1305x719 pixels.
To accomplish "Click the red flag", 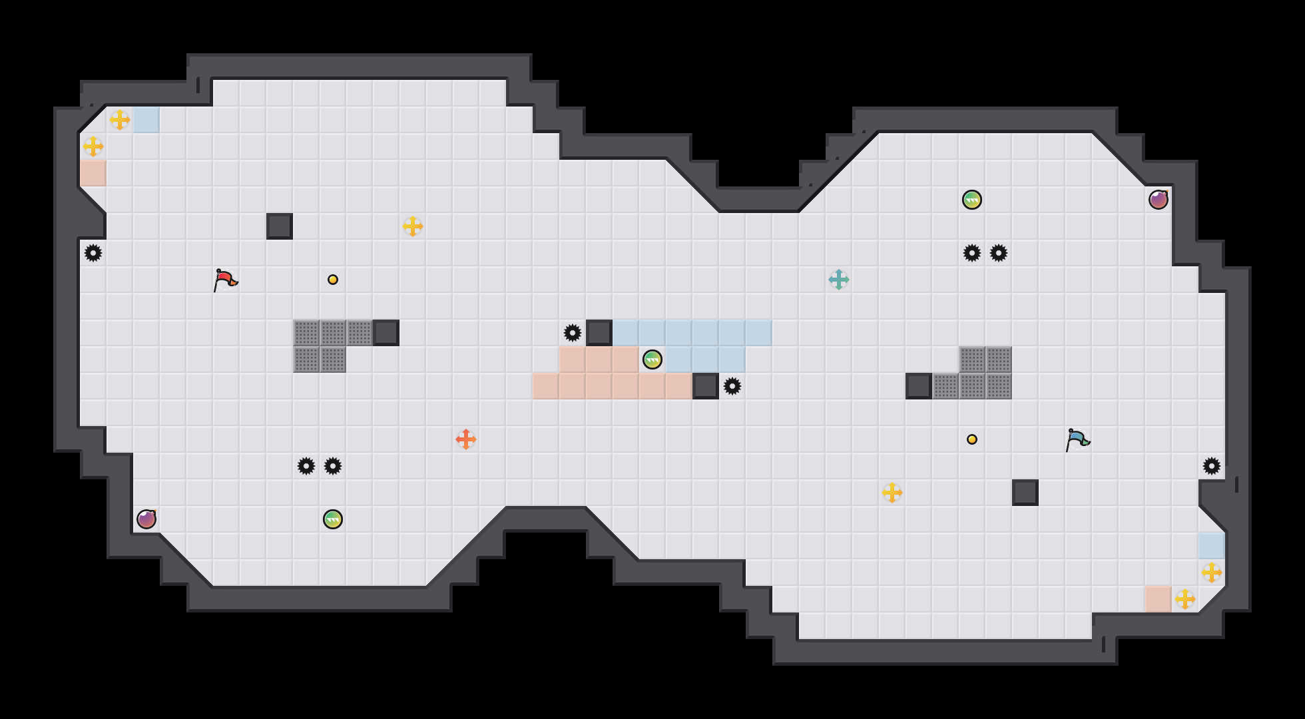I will tap(225, 280).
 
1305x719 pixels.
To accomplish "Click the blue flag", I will tap(1077, 439).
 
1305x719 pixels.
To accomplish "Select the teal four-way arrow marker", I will tap(839, 280).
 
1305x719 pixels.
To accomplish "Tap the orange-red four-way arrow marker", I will tap(466, 439).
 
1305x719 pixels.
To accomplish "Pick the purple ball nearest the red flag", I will tap(146, 519).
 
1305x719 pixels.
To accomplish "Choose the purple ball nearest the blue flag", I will tap(1159, 200).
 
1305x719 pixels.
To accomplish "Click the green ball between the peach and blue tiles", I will tap(652, 359).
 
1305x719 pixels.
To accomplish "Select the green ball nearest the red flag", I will tap(333, 519).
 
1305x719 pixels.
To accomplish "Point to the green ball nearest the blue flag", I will tap(972, 200).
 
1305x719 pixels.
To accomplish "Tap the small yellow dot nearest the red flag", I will tap(333, 280).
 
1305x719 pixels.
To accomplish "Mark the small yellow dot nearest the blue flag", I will tap(972, 439).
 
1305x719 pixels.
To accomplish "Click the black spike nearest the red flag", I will tap(93, 253).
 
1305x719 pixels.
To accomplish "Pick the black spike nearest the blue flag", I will tap(1212, 466).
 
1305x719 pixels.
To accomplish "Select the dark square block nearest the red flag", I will tap(280, 226).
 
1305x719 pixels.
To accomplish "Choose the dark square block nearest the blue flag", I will tap(1025, 493).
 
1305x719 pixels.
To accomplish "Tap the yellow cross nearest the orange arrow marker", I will tap(413, 226).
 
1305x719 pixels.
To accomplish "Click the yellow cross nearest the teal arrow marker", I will tap(892, 493).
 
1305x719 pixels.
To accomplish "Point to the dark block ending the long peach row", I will tap(706, 386).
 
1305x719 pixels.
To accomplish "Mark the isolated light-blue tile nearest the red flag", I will tap(146, 120).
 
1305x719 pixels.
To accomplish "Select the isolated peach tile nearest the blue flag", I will tap(1159, 599).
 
